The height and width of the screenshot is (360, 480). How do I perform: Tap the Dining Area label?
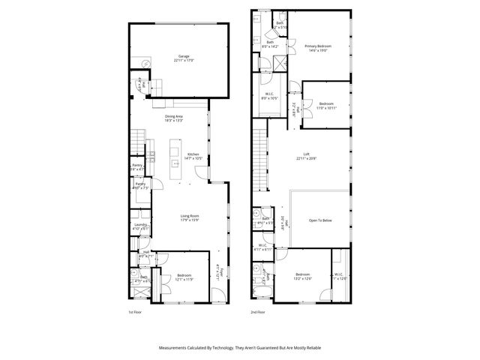[x=174, y=118]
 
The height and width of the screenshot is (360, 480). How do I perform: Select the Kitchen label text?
[x=193, y=156]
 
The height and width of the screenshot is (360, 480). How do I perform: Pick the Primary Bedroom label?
[x=318, y=49]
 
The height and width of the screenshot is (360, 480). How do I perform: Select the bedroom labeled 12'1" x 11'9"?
[x=184, y=277]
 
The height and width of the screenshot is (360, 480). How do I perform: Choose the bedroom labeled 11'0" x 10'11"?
[x=326, y=106]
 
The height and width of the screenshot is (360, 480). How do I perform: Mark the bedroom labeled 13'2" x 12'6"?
[x=303, y=276]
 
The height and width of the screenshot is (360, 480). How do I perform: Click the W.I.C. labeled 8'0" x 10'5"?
[x=269, y=96]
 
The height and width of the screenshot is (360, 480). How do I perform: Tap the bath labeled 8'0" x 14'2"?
[x=269, y=45]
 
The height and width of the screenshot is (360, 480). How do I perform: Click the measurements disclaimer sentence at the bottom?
[x=240, y=348]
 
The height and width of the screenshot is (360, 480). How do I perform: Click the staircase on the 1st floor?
[x=137, y=140]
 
